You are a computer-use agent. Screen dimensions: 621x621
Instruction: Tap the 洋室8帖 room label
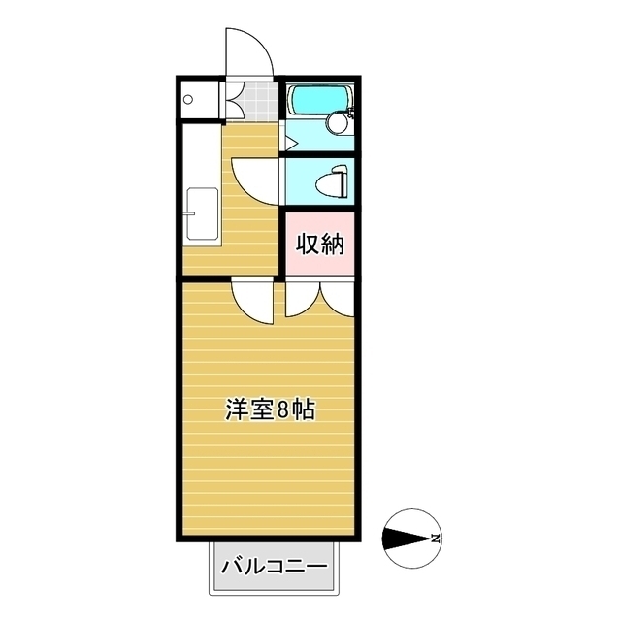click(x=271, y=409)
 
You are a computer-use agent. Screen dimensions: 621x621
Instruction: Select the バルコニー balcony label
click(x=273, y=566)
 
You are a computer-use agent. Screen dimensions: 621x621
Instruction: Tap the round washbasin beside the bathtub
click(x=338, y=123)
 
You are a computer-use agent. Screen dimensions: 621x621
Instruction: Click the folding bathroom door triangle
click(x=288, y=142)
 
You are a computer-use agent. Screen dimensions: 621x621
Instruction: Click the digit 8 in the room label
click(x=283, y=409)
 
